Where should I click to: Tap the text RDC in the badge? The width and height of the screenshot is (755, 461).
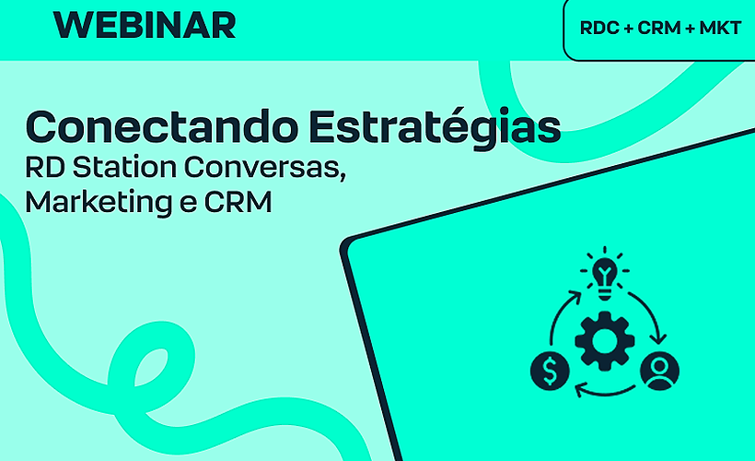[x=598, y=29]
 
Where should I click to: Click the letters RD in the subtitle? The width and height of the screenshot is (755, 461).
[x=42, y=168]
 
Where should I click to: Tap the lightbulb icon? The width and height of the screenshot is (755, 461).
[x=604, y=275]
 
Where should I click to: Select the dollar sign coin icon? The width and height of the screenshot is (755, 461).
[x=550, y=370]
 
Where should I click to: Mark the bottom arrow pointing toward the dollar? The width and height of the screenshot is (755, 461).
[x=604, y=391]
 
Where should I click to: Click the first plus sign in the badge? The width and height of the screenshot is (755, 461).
[x=628, y=29]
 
